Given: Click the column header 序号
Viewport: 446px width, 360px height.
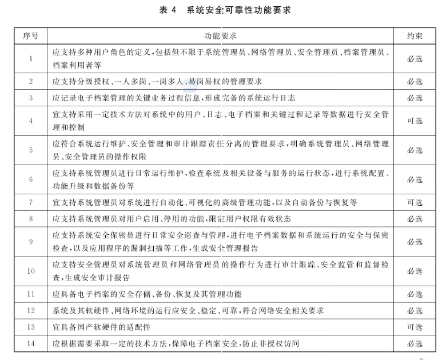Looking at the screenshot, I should click(x=31, y=35).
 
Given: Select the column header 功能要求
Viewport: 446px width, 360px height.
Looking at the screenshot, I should click(x=220, y=35).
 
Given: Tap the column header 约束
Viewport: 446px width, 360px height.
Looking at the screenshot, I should click(x=415, y=35).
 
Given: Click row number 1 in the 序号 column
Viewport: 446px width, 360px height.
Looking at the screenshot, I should click(x=31, y=58).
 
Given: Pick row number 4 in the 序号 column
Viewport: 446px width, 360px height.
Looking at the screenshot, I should click(x=31, y=121).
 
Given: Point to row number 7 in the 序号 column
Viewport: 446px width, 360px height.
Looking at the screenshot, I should click(x=31, y=202).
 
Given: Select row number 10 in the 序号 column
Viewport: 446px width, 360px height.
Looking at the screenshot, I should click(x=31, y=271).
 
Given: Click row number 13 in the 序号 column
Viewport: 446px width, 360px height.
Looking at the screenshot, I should click(x=31, y=327).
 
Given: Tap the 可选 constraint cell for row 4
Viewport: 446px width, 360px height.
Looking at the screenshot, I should click(x=415, y=121).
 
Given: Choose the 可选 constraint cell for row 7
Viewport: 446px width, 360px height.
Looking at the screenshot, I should click(x=415, y=202).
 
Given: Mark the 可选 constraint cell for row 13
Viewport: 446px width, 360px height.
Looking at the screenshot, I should click(x=415, y=327).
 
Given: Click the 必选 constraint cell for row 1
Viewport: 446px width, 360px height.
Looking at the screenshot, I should click(x=415, y=58).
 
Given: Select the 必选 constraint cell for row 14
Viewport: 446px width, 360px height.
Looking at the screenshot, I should click(x=415, y=343).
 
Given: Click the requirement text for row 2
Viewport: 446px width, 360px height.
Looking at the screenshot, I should click(x=157, y=82).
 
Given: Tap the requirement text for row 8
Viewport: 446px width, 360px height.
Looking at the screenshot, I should click(x=172, y=219).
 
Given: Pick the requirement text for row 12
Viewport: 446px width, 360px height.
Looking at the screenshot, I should click(x=188, y=310).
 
